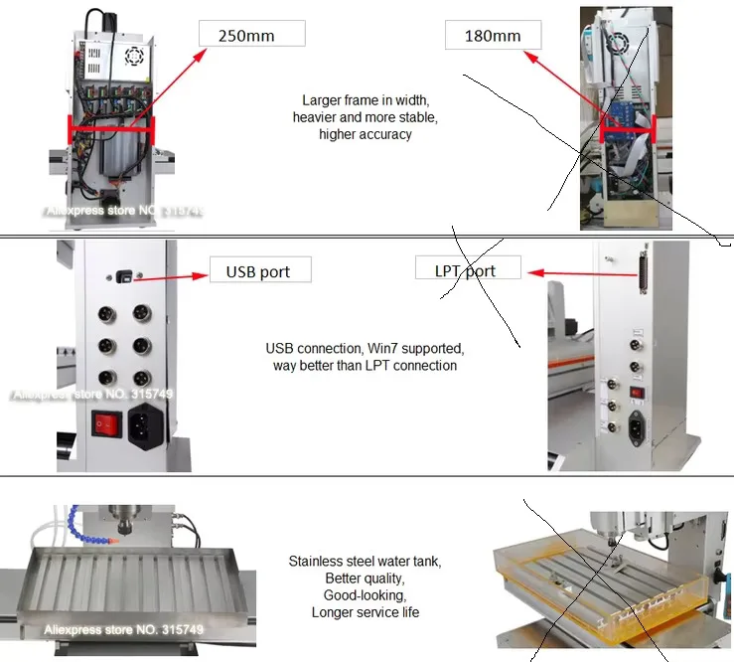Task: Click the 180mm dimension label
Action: point(493,35)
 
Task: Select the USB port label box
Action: point(258,270)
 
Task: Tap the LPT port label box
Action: point(466,269)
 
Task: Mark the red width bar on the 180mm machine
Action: point(628,126)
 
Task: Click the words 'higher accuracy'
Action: point(365,134)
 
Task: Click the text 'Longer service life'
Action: point(365,612)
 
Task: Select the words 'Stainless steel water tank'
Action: point(365,562)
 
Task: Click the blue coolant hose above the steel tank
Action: point(89,533)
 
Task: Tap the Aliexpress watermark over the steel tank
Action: point(123,629)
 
